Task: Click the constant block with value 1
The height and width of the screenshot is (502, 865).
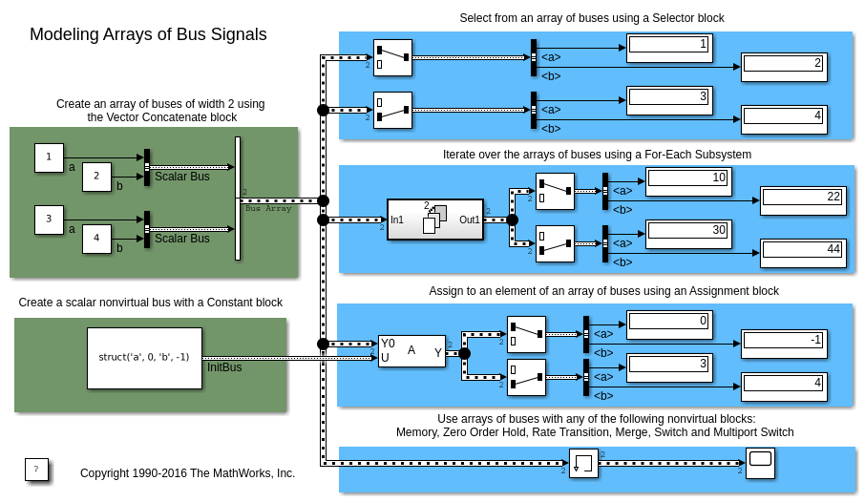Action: [49, 157]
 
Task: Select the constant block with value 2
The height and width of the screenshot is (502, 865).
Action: [96, 177]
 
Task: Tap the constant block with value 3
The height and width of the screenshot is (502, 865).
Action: [49, 220]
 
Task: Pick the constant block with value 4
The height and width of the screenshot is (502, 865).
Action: [96, 239]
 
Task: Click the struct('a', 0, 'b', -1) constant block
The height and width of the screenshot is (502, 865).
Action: [144, 358]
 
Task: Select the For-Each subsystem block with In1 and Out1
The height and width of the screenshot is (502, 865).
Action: [434, 220]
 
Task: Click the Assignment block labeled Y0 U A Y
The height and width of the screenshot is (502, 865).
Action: [411, 351]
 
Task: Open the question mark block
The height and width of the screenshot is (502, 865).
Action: [36, 469]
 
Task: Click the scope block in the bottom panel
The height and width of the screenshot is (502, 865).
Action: [760, 463]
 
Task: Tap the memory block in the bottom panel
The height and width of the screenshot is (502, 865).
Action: [583, 464]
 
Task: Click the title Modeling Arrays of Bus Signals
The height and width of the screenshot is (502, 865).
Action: [148, 34]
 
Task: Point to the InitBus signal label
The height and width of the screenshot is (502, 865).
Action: [224, 367]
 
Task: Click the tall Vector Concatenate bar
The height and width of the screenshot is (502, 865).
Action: [238, 199]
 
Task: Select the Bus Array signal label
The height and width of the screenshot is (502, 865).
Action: [268, 208]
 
